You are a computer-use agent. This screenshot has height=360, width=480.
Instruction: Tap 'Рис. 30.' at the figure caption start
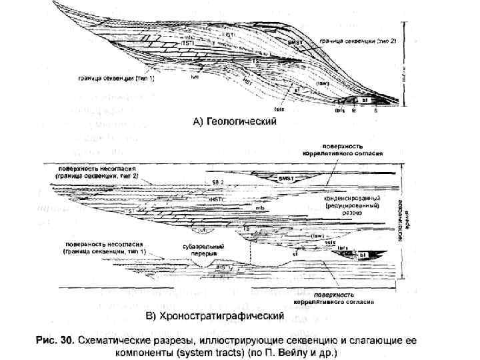point(54,340)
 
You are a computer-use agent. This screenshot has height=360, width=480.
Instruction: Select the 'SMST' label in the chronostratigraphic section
point(286,179)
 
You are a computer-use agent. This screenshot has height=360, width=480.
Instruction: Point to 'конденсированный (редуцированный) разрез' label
point(352,206)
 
